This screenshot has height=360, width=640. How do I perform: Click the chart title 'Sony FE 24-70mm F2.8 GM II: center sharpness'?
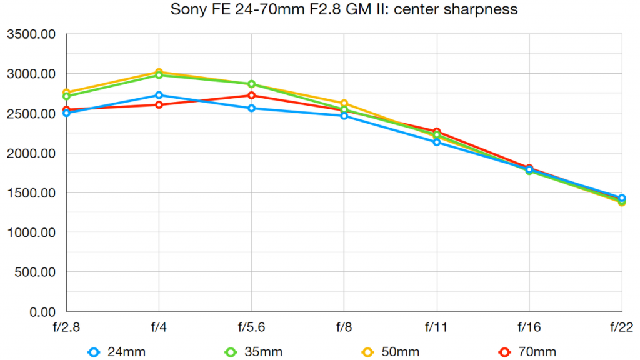pyautogui.click(x=344, y=10)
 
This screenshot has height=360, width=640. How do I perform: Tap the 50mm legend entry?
pyautogui.click(x=392, y=352)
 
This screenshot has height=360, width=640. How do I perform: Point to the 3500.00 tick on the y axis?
pyautogui.click(x=31, y=34)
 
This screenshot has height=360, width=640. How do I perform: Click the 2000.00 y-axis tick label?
pyautogui.click(x=31, y=153)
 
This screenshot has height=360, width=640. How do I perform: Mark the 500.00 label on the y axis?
pyautogui.click(x=35, y=272)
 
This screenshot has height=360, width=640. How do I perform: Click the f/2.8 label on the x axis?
pyautogui.click(x=66, y=327)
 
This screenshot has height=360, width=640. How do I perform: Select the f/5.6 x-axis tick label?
pyautogui.click(x=251, y=327)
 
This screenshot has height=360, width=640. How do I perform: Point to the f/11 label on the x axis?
pyautogui.click(x=436, y=327)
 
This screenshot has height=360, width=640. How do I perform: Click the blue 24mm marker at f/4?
pyautogui.click(x=159, y=96)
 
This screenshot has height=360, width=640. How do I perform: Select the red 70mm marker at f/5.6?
pyautogui.click(x=251, y=96)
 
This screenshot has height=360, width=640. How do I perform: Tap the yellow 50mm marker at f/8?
pyautogui.click(x=344, y=104)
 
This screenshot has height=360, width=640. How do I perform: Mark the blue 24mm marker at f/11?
pyautogui.click(x=436, y=142)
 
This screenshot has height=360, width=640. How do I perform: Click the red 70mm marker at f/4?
pyautogui.click(x=159, y=105)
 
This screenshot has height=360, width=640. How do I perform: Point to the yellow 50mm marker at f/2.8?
pyautogui.click(x=66, y=92)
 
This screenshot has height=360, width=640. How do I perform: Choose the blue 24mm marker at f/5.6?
pyautogui.click(x=251, y=108)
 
